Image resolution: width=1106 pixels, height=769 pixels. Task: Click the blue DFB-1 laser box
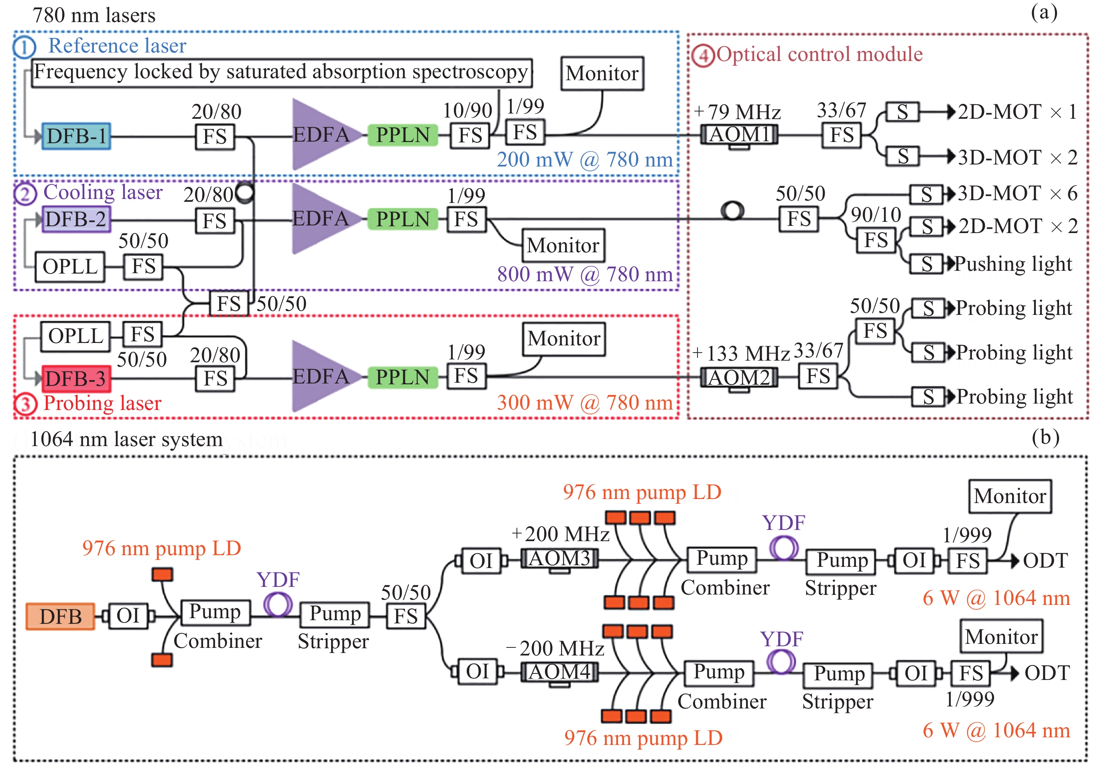point(76,136)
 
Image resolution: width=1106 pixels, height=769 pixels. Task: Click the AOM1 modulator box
point(739,134)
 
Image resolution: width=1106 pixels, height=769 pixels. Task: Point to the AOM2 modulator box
point(739,377)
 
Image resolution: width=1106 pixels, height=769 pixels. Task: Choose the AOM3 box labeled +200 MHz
point(559,559)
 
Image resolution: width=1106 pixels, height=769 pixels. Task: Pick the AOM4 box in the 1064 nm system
point(559,672)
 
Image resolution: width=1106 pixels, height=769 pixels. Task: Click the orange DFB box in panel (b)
point(60,616)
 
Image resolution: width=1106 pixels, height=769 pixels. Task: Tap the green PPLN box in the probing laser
point(403,377)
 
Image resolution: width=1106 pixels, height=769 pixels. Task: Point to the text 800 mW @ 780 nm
point(585,274)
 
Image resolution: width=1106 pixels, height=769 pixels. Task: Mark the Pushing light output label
point(1013,264)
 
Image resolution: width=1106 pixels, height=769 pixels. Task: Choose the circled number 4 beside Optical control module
point(703,55)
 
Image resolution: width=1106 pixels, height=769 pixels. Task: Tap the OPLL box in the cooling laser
point(70,266)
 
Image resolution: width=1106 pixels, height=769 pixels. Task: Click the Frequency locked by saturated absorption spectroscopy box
point(282,73)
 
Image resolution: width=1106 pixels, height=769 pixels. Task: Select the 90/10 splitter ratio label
point(876,215)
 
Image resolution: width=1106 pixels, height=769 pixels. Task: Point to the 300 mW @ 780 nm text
point(585,403)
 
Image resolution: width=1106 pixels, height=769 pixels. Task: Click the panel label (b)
point(1045,437)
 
